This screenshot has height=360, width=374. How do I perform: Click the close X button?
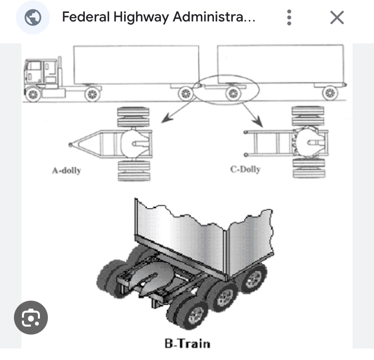(x=337, y=17)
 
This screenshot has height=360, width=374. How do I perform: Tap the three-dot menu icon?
(x=289, y=17)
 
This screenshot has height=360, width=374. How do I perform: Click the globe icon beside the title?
(x=33, y=17)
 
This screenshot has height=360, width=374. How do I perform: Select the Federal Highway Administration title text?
(x=159, y=17)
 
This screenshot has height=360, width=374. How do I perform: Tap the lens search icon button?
(x=31, y=318)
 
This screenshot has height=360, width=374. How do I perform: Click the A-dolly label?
(x=66, y=171)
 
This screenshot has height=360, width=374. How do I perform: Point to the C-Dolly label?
(x=245, y=170)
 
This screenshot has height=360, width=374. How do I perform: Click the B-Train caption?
(x=187, y=344)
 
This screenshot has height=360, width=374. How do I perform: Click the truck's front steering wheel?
(x=33, y=94)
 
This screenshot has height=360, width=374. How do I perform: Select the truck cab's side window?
(x=33, y=66)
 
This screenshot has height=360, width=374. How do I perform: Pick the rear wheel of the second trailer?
(x=330, y=93)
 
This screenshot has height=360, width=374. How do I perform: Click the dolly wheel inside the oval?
(x=233, y=93)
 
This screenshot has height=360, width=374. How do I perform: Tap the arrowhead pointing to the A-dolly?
(x=167, y=118)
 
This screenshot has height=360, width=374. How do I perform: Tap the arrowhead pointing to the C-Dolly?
(x=259, y=122)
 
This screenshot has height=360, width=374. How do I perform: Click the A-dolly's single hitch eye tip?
(x=70, y=145)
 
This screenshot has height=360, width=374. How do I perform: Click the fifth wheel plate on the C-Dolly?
(x=309, y=143)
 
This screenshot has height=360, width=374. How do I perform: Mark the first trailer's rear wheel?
(x=186, y=94)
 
